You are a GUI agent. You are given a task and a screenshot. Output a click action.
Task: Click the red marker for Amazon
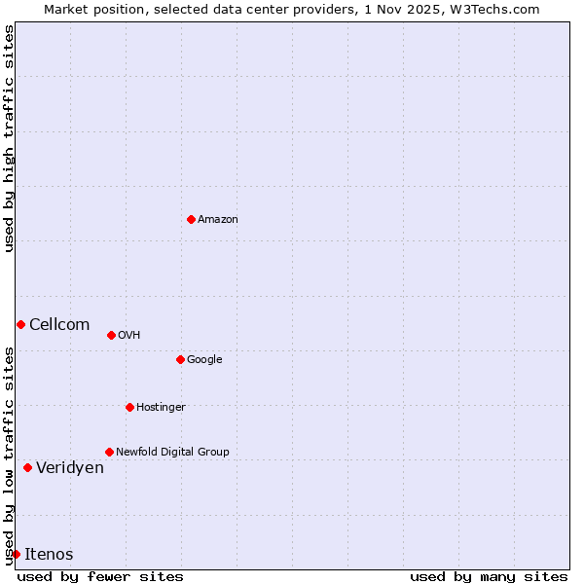[x=191, y=219]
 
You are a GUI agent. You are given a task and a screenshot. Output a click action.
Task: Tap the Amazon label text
[x=218, y=220]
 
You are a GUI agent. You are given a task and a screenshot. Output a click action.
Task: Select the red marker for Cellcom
[x=20, y=324]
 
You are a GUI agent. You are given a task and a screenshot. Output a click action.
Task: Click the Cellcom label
[x=59, y=325]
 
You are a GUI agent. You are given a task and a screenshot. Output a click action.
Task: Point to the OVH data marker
[x=111, y=335]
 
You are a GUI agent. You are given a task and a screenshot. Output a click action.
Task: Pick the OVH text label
[x=129, y=336]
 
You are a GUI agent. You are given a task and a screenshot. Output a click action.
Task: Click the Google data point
[x=180, y=359]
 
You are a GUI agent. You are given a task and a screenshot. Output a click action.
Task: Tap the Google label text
[x=204, y=360]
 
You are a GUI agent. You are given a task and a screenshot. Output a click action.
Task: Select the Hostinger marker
[x=129, y=407]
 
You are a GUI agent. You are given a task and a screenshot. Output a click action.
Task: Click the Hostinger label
[x=161, y=408]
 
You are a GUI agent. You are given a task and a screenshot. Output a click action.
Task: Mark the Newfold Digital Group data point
[x=109, y=452]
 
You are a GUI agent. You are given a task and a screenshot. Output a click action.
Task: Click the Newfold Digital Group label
[x=172, y=453]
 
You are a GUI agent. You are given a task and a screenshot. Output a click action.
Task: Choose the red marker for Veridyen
[x=27, y=467]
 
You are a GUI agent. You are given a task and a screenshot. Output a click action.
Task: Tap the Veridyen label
[x=70, y=468]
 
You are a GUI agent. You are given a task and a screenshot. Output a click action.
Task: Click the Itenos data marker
[x=16, y=554]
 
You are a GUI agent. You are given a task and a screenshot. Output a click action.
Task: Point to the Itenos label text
[x=49, y=555]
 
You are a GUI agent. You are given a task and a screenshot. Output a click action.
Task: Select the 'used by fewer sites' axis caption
[x=100, y=576]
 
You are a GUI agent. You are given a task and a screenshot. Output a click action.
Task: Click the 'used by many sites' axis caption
[x=489, y=576]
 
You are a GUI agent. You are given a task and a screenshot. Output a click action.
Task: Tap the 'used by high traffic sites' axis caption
[x=9, y=138]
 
